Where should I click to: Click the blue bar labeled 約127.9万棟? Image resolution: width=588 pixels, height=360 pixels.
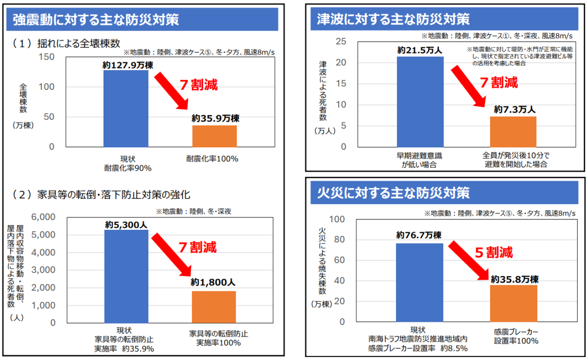[126, 108]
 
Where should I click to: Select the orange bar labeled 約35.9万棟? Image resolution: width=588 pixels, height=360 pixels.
[214, 136]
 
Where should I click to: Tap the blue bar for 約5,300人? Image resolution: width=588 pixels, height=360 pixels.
[126, 276]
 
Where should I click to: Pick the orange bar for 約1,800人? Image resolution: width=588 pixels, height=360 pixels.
[214, 307]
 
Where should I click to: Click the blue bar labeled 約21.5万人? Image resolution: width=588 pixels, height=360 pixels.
[420, 102]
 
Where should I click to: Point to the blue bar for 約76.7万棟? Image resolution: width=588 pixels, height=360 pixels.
[419, 282]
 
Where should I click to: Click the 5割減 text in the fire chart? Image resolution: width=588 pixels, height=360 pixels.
[494, 252]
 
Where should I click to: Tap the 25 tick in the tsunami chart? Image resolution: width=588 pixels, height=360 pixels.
[341, 42]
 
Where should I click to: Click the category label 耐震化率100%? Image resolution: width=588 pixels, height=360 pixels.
[212, 159]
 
